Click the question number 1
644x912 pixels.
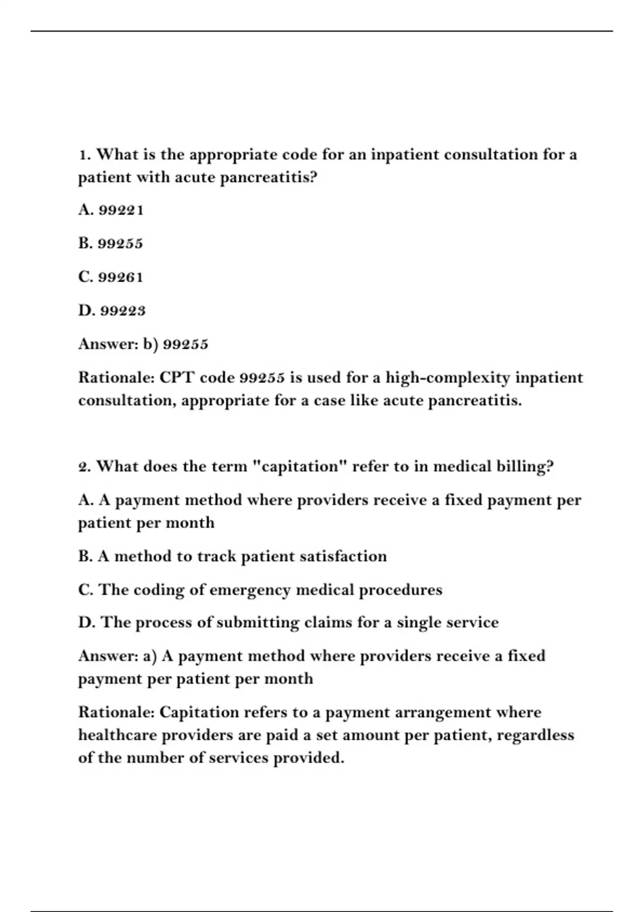pos(84,155)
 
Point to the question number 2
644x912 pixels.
pos(84,467)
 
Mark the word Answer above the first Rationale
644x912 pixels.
pos(108,344)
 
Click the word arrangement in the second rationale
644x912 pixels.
pos(443,712)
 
